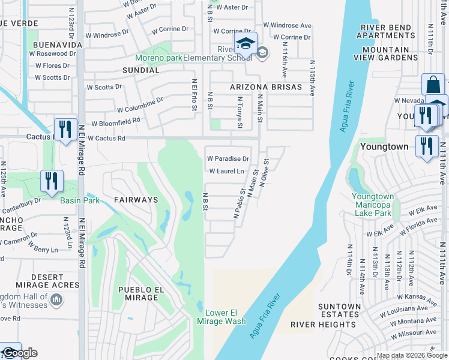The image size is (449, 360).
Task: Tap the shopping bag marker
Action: tap(433, 85)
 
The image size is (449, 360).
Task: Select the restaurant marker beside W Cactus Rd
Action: tap(65, 129)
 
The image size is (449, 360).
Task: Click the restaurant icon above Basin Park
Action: tap(52, 181)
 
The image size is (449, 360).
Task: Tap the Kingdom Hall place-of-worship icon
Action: tap(56, 299)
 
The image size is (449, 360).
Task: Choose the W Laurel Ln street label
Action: tap(226, 172)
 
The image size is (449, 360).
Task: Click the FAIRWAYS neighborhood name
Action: tap(136, 199)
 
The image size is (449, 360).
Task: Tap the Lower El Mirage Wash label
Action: tap(225, 317)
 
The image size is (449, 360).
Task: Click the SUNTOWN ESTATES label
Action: tap(340, 311)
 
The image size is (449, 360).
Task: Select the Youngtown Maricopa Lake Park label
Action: tap(372, 205)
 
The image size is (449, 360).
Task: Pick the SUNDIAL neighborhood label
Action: tap(140, 70)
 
